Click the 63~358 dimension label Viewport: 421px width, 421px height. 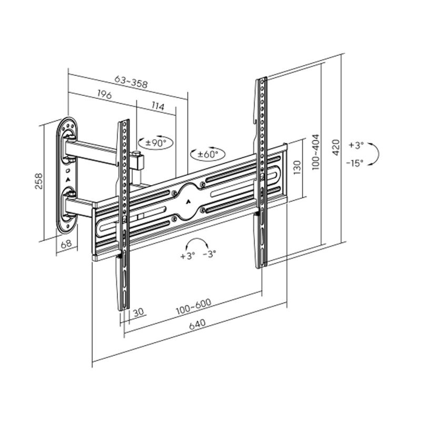[131, 82]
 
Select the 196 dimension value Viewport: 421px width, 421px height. [104, 95]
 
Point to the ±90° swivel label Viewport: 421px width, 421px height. [156, 142]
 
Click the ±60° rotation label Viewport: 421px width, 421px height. [208, 155]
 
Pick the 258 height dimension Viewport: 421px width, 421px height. [38, 183]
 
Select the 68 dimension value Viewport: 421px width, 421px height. [66, 244]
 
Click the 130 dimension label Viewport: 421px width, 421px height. [297, 168]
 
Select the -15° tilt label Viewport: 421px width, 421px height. [355, 163]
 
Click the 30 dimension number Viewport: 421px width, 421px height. [138, 313]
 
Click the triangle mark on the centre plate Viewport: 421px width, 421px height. [188, 199]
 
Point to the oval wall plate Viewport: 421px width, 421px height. [67, 177]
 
